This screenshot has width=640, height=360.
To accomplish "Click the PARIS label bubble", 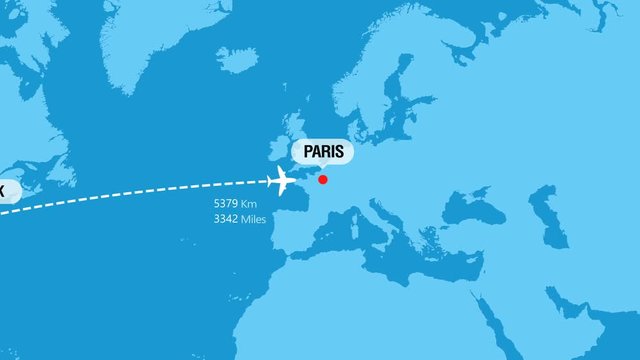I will pos(321,152).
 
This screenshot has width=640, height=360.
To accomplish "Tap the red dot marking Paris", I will pos(323,180).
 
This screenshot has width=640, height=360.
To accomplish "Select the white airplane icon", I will pos(281,181).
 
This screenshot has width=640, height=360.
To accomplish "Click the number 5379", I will pos(225,204).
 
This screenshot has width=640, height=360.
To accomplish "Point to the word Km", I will pos(250,204).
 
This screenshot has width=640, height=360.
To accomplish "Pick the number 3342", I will pos(225,219).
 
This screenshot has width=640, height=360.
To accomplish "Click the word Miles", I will pos(254,219).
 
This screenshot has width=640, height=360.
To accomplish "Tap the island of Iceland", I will pos(236,60).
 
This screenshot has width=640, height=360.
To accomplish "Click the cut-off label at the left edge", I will pos(6,190).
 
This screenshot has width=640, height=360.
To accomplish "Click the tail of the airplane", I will pos(273,181).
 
